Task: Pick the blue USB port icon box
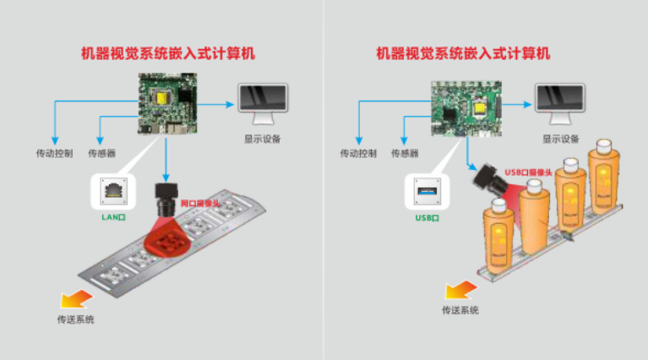tap(427, 189)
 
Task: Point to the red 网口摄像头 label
tap(200, 204)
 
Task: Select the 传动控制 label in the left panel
tap(53, 154)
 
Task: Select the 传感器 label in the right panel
tap(404, 154)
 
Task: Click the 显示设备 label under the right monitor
tap(561, 139)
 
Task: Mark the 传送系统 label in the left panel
tap(75, 319)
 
